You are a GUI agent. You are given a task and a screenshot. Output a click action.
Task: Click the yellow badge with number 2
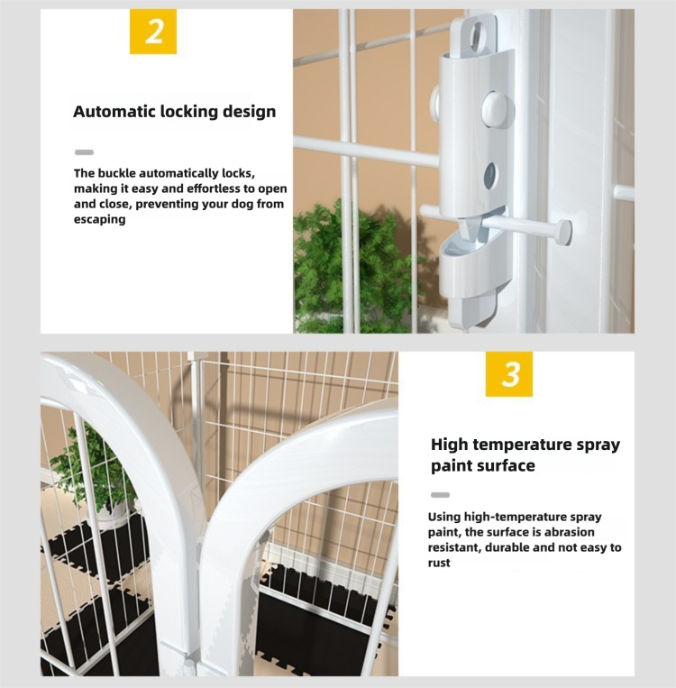(x=153, y=32)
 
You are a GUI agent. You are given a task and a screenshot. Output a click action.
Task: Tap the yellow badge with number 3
(x=509, y=374)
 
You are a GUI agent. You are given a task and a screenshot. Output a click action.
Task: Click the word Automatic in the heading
(x=114, y=112)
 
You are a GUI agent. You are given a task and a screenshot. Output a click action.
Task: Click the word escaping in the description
(x=99, y=219)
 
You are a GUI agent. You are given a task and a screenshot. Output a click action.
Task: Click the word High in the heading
(x=450, y=445)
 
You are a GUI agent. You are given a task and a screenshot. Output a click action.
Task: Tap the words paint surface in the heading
(x=483, y=465)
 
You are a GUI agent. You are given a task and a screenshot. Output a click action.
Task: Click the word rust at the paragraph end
(x=439, y=563)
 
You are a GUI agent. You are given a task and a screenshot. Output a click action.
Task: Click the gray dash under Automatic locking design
(x=84, y=152)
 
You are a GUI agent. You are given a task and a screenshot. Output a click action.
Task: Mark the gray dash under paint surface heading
(x=440, y=495)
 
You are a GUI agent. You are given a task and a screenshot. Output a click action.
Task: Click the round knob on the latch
(x=495, y=108)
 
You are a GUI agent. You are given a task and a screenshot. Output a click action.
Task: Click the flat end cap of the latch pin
(x=566, y=232)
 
